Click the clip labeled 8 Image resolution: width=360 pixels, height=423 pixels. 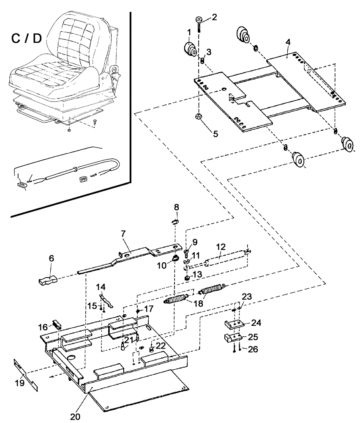pos(176,220)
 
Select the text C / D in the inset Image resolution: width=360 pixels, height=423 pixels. pos(26,39)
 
